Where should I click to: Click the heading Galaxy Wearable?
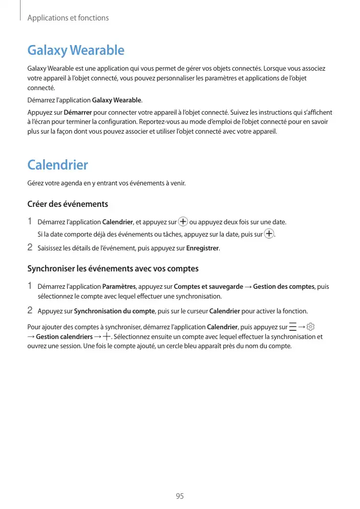tap(75, 51)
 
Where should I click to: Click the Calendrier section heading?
tap(57, 165)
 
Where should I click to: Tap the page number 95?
tap(179, 496)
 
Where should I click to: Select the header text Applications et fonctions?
tap(68, 18)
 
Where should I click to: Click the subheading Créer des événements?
tap(67, 204)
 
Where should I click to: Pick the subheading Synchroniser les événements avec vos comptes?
tap(112, 269)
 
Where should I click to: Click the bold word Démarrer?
tap(78, 112)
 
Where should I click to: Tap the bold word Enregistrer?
tap(203, 249)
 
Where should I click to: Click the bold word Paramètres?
tap(119, 287)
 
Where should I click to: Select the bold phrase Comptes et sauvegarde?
tap(208, 287)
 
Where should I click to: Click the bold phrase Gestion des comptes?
tap(284, 287)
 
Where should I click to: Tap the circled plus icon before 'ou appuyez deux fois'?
tap(183, 222)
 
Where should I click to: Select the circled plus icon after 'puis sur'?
tap(269, 235)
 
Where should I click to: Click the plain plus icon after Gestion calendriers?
tap(107, 337)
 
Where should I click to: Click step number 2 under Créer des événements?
tap(30, 248)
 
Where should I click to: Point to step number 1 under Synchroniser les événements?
tap(30, 286)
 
